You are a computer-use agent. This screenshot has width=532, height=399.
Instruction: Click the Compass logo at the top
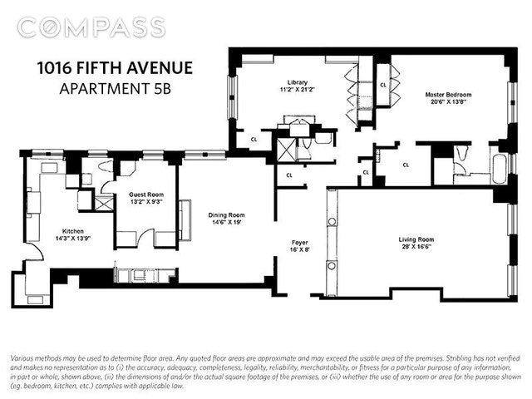(91, 27)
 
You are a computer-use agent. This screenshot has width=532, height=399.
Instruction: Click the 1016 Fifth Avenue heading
(115, 68)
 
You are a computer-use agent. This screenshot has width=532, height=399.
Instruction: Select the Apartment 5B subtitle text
(115, 89)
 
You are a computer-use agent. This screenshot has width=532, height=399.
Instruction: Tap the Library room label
(298, 82)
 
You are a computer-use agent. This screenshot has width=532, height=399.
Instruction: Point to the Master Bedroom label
(448, 95)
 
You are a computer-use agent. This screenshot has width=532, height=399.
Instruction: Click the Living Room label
(416, 239)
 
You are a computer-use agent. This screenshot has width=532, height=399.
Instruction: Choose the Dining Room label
(226, 215)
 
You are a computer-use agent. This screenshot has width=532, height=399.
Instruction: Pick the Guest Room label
(146, 195)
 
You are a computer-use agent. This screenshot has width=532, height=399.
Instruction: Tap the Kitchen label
(72, 231)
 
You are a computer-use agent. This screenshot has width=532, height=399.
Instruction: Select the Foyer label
(300, 243)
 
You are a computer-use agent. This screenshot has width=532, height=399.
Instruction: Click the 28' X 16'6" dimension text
(416, 247)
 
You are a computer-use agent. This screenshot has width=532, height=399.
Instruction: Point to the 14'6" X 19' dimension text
(226, 223)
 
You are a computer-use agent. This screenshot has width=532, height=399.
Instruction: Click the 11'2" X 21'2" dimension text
(298, 90)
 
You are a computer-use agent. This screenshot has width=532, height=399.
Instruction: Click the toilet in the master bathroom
(462, 153)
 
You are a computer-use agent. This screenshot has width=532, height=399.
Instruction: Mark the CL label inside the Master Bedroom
(383, 85)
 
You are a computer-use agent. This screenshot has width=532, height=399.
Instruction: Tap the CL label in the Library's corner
(254, 139)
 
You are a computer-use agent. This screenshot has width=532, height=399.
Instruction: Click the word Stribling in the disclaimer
(457, 358)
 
